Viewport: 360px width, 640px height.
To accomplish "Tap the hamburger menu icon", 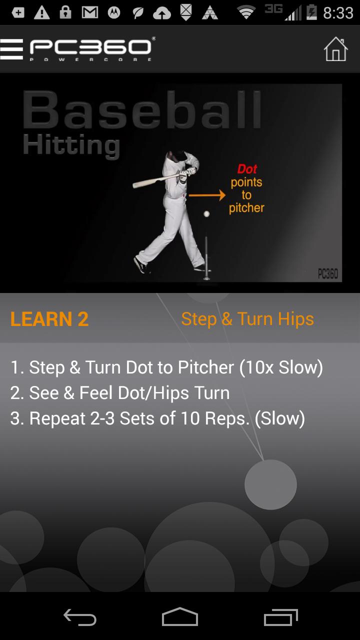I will pyautogui.click(x=11, y=49).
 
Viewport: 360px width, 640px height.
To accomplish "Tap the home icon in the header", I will pyautogui.click(x=335, y=49).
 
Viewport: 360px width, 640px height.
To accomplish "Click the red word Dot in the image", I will pyautogui.click(x=247, y=169).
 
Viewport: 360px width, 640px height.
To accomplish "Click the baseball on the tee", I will pyautogui.click(x=206, y=214).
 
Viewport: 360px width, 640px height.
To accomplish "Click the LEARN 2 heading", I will pyautogui.click(x=49, y=319).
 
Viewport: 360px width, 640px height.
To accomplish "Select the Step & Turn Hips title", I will pyautogui.click(x=247, y=319).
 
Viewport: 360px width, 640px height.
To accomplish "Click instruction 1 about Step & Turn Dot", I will pyautogui.click(x=166, y=367).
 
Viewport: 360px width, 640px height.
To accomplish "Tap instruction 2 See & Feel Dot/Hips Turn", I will pyautogui.click(x=120, y=393).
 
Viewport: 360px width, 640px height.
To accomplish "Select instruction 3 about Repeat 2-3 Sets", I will pyautogui.click(x=157, y=418).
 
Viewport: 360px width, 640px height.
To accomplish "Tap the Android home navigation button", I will pyautogui.click(x=180, y=617).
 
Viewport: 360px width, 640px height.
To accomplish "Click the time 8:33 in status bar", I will pyautogui.click(x=338, y=13).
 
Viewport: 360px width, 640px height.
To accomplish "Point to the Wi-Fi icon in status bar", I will pyautogui.click(x=246, y=13).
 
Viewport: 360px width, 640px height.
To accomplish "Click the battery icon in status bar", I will pyautogui.click(x=311, y=13).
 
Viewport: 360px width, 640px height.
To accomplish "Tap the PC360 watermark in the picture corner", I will pyautogui.click(x=327, y=273).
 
